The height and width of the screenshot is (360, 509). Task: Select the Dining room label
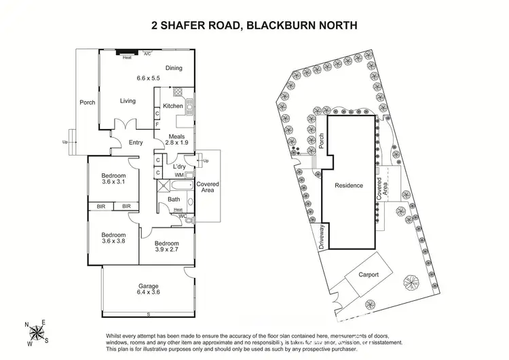click(x=174, y=67)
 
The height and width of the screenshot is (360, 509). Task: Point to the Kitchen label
click(x=173, y=106)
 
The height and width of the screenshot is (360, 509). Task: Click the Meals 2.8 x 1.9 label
click(x=177, y=139)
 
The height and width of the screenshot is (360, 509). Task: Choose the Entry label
click(x=136, y=142)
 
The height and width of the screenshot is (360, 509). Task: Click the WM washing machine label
click(x=178, y=176)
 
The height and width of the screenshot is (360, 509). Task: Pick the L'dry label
click(x=179, y=166)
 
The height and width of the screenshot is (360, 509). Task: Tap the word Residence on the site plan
click(x=349, y=185)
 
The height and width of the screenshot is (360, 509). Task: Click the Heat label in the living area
click(x=127, y=58)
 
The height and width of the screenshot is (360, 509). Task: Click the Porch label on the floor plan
click(x=88, y=103)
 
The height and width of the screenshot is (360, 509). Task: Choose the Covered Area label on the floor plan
click(x=208, y=188)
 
